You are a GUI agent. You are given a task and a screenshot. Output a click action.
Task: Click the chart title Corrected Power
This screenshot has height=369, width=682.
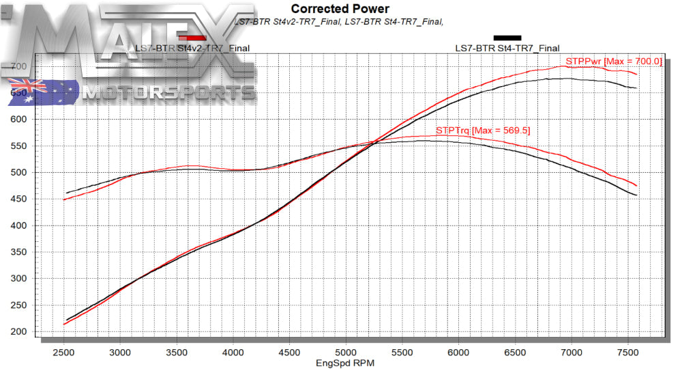[340, 9]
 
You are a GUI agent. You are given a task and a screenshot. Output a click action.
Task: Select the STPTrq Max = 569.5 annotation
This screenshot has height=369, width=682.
[484, 130]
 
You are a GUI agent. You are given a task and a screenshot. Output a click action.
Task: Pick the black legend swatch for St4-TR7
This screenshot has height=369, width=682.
[507, 38]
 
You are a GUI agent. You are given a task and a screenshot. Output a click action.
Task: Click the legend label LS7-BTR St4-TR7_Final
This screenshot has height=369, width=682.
[507, 48]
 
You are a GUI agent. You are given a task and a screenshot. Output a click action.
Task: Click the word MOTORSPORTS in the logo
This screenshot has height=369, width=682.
[167, 92]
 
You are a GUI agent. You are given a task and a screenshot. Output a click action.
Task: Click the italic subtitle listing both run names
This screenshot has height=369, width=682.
[339, 22]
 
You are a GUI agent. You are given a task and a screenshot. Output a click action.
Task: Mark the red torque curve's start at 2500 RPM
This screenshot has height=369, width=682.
[64, 200]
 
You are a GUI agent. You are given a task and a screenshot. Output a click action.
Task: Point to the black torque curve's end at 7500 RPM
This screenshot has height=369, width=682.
[637, 195]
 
